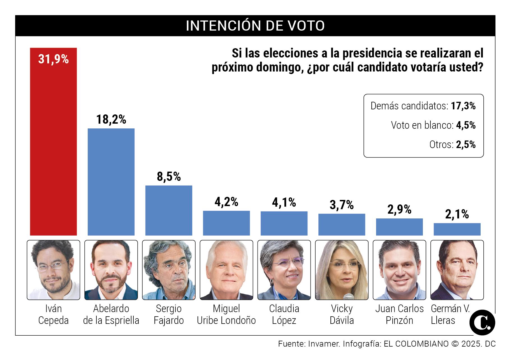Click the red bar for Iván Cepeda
53,146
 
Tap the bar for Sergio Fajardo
169,210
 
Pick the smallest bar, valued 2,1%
457,229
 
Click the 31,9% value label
53,59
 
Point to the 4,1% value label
284,202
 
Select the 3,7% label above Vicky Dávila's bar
342,205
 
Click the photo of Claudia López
284,270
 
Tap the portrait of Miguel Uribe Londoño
226,270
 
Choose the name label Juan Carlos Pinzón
399,314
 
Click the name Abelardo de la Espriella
111,314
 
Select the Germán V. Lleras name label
450,314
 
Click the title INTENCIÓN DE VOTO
255,26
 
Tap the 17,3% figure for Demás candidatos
463,106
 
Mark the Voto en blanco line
433,125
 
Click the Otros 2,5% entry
452,145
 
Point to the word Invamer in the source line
324,344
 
